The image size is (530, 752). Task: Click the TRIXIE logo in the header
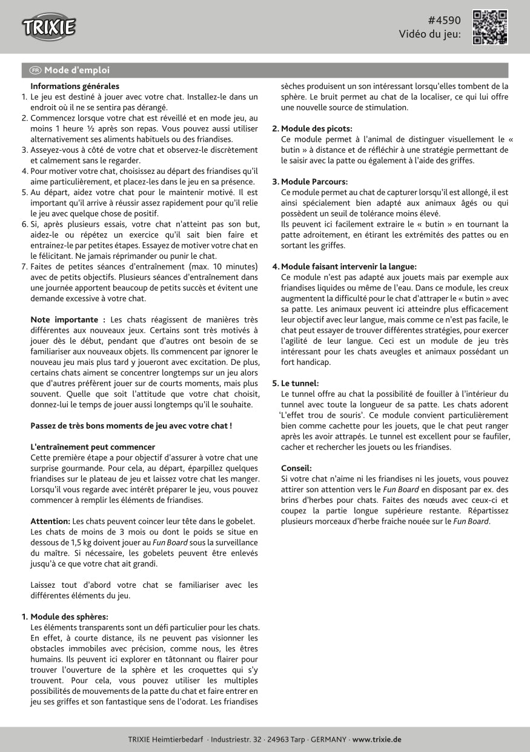(49, 27)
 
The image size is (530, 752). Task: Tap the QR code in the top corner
(489, 27)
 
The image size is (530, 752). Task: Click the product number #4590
(444, 20)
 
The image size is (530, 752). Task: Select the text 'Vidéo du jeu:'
(429, 35)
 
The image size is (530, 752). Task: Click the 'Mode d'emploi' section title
(76, 70)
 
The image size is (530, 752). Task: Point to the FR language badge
(36, 70)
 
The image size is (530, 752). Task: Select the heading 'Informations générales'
(75, 87)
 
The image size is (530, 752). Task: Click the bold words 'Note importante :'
(68, 319)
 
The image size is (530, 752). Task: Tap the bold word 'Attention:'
(50, 521)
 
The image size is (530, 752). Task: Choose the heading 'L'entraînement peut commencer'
(93, 447)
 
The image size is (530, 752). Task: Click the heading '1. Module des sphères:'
(65, 617)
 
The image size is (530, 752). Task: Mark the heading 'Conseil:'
(296, 468)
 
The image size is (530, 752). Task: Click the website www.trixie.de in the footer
(376, 739)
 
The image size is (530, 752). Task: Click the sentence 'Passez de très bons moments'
(131, 425)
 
